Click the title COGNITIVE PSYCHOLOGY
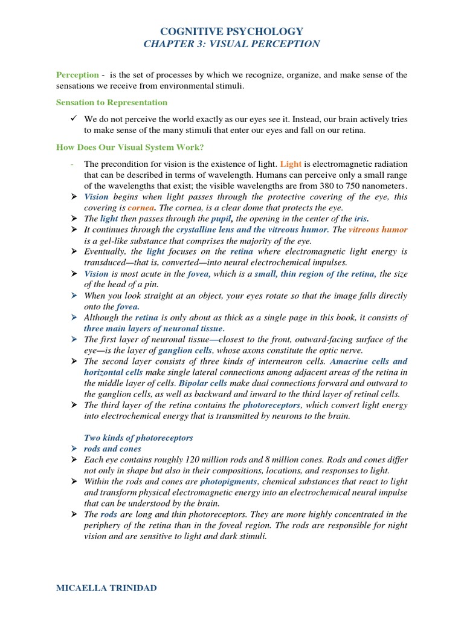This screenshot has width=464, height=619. pyautogui.click(x=232, y=31)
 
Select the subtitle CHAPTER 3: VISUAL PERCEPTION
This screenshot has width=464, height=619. pyautogui.click(x=232, y=44)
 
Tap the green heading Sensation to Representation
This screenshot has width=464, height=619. pyautogui.click(x=112, y=103)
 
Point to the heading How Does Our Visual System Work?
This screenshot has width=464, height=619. pyautogui.click(x=130, y=147)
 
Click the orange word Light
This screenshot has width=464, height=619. pyautogui.click(x=291, y=164)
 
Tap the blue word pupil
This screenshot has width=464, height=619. pyautogui.click(x=221, y=218)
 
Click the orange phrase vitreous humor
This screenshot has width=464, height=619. pyautogui.click(x=378, y=230)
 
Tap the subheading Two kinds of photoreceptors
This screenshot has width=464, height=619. pyautogui.click(x=138, y=438)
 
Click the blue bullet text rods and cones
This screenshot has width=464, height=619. pyautogui.click(x=112, y=449)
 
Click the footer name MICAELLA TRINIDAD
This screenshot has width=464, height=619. pyautogui.click(x=106, y=587)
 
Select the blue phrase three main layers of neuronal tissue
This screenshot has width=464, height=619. pyautogui.click(x=154, y=328)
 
